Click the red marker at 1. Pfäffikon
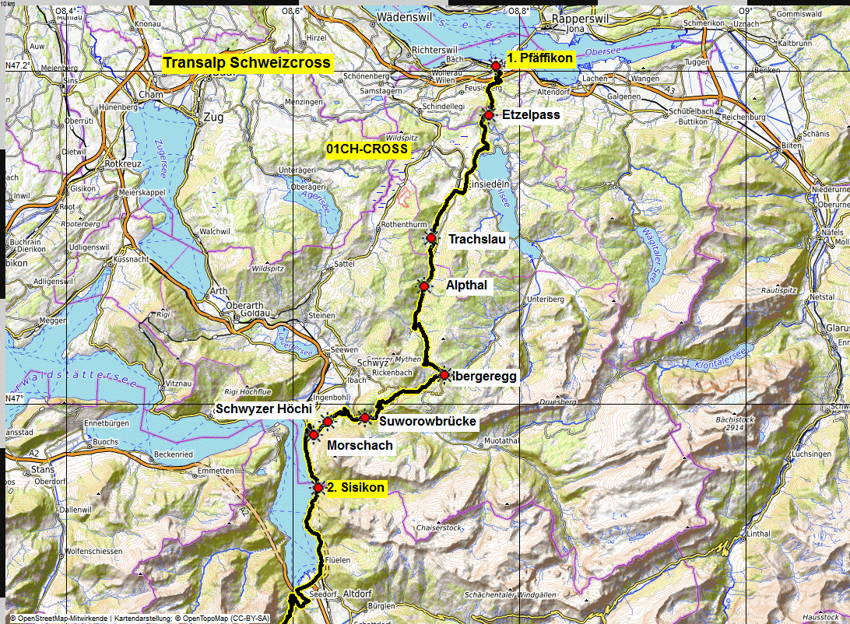pos(496,67)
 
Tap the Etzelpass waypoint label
pos(531,115)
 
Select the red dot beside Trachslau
pos(431,238)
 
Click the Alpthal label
pos(466,286)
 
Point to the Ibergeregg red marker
pos(444,375)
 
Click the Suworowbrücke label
pos(427,422)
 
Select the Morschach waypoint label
pos(360,445)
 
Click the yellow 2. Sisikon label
pos(356,487)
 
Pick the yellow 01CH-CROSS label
pos(367,148)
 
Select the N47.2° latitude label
pos(18,65)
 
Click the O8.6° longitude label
pos(291,11)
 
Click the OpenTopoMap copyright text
pos(226,619)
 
